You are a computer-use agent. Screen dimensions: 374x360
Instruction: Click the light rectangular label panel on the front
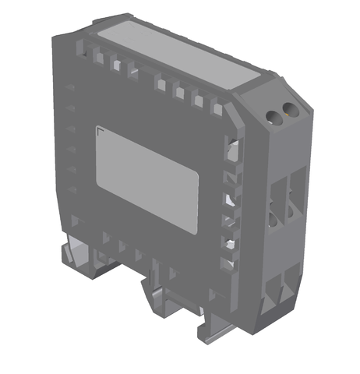point(147,178)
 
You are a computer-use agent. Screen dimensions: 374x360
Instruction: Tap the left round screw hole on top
point(274,116)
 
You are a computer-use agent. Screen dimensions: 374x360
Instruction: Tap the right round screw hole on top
point(289,110)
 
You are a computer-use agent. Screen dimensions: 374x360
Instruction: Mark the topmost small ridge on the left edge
point(70,86)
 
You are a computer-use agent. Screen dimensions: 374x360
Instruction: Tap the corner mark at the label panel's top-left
point(97,129)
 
